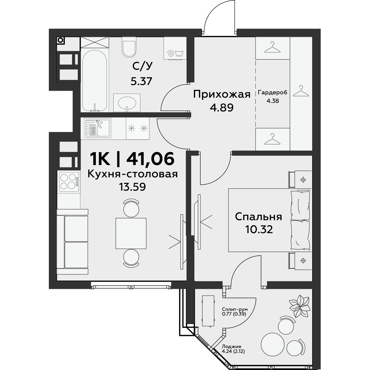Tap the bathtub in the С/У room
tap(95, 81)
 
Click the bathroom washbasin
tap(127, 103)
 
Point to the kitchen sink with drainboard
tap(97, 128)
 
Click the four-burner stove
tap(69, 181)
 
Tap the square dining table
tap(131, 233)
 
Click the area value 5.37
tap(141, 81)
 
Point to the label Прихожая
tap(222, 94)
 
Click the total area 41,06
tap(150, 158)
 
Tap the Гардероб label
tap(273, 92)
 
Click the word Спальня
tap(259, 217)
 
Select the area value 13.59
tap(132, 187)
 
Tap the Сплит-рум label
tap(235, 309)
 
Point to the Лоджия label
tap(232, 347)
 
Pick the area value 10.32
tap(259, 229)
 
